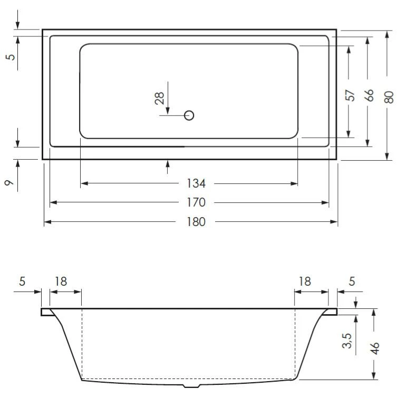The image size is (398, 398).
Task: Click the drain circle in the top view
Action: point(189,115)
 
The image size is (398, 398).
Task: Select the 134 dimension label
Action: point(196,183)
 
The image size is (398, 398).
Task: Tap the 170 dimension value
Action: point(196,202)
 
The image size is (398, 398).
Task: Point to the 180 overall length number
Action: point(196,221)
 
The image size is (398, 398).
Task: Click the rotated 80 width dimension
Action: point(389,97)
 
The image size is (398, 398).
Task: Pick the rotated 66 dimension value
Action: point(370,95)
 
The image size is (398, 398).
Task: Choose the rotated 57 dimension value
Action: point(350,95)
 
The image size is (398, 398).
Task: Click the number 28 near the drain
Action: point(159,98)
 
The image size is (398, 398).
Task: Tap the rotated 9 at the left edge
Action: point(9,182)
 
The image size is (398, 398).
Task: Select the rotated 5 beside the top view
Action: point(11,56)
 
